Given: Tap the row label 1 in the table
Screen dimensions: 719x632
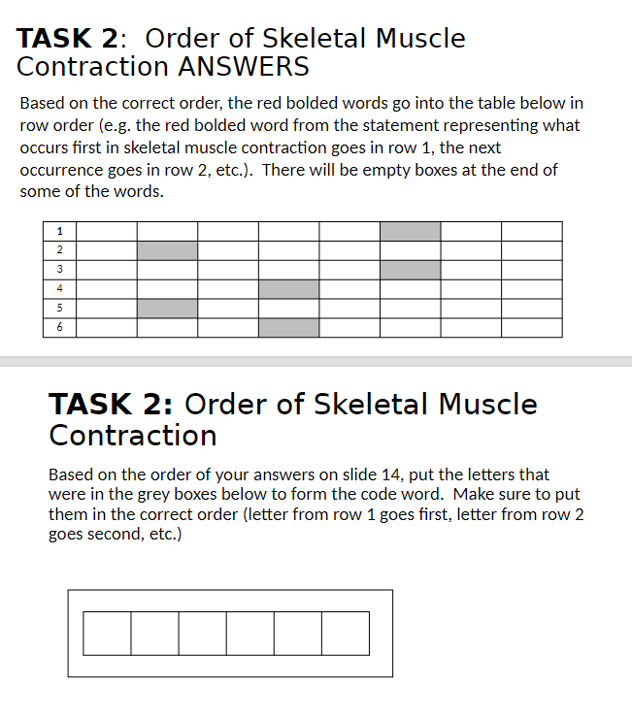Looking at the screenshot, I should [60, 231].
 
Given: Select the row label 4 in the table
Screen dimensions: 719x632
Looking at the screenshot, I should [60, 288].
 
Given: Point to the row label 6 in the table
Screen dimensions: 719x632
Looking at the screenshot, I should [60, 327].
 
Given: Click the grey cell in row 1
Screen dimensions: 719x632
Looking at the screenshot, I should [410, 231].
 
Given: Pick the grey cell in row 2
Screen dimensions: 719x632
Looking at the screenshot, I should [167, 250].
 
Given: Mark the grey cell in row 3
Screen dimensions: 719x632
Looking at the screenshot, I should [410, 270].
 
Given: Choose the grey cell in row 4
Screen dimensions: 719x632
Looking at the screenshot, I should [288, 288].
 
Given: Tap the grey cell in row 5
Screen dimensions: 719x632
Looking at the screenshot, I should [167, 308].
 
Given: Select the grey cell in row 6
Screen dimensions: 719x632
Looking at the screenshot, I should [288, 327].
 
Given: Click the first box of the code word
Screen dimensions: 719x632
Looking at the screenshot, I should [107, 633].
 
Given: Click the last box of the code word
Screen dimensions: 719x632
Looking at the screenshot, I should [346, 633].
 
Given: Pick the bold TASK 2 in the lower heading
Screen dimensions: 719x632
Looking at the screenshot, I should [110, 404].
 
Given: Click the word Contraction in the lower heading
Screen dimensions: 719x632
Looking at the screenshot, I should [133, 435].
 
